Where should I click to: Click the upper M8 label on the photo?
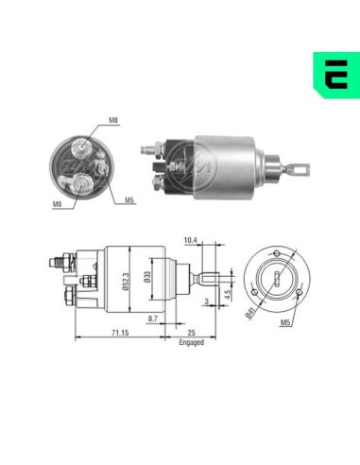point(112,120)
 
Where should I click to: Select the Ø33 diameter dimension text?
point(146,280)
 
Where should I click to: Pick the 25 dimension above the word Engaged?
point(191,334)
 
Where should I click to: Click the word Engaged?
point(191,344)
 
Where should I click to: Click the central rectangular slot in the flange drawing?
point(275,279)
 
